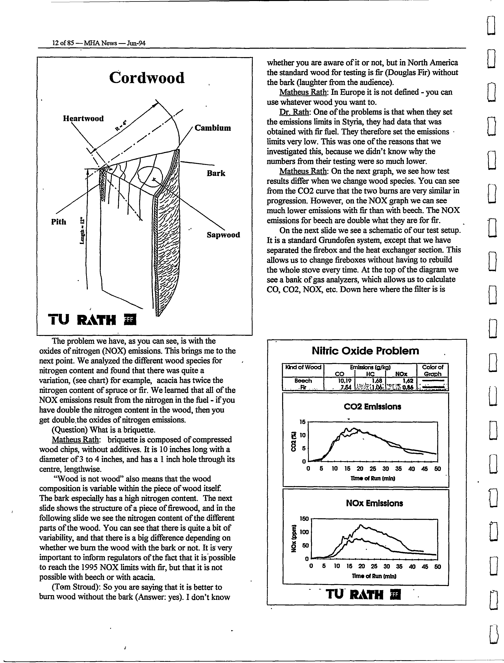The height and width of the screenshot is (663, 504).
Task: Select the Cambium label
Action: pos(213,128)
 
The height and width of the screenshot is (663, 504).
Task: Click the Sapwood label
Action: pos(223,235)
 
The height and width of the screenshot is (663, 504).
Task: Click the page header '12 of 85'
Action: pos(63,43)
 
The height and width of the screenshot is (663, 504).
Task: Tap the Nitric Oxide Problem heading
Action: pos(365,351)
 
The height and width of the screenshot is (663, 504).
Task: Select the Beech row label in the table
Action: pos(303,381)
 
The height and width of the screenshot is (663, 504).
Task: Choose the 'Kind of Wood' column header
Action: pos(303,367)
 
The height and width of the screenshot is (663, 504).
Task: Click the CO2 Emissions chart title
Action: pos(372,407)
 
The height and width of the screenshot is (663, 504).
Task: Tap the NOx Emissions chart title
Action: pos(374,503)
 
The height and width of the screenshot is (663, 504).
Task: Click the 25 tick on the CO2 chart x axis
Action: pos(373,469)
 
